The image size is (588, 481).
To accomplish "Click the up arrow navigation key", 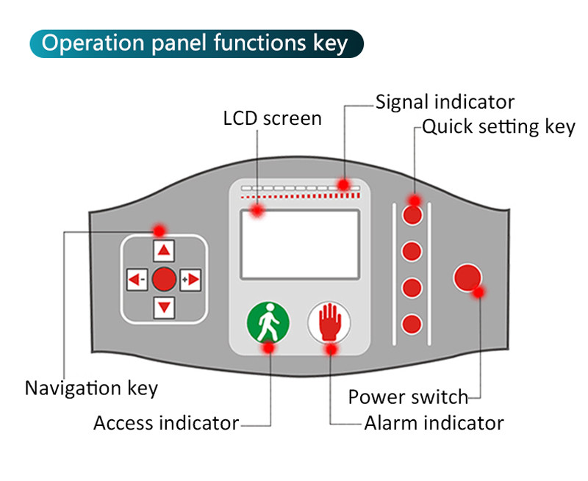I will tap(164, 251).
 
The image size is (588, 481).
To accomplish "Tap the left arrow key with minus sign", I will tap(136, 279).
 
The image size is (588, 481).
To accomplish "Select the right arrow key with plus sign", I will tap(191, 279).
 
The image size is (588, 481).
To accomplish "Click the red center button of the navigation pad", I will tap(164, 279).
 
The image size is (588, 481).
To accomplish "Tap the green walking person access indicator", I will tap(267, 322).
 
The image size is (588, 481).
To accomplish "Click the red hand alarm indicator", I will tap(329, 322).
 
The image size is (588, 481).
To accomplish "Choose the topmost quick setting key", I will tap(413, 214).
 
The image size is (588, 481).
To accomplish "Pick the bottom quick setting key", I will tap(413, 323).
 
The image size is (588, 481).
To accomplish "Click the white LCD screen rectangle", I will tap(299, 244).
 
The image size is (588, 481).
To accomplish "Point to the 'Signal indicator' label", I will tap(445, 101).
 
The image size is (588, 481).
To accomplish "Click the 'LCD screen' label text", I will tap(272, 118).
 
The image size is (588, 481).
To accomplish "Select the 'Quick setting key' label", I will tap(498, 126).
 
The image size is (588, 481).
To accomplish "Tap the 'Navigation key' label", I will tap(91, 388).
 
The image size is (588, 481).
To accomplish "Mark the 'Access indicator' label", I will tap(166, 423).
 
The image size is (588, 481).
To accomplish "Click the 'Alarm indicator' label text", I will tap(434, 423).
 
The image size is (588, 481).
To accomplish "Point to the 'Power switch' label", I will tap(408, 397).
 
